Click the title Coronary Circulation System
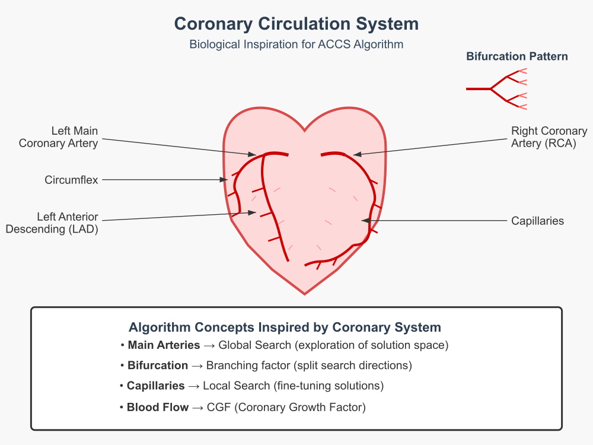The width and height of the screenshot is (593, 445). coord(296,24)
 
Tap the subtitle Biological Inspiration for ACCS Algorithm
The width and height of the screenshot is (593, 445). coord(296,44)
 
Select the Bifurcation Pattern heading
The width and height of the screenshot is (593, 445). coord(517,56)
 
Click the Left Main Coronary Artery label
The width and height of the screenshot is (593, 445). coord(59,137)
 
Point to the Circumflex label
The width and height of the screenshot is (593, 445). coord(71,180)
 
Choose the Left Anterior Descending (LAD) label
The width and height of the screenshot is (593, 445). coord(52,223)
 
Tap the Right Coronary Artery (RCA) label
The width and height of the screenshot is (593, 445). coord(549,137)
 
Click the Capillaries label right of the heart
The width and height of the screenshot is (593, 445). coord(537,221)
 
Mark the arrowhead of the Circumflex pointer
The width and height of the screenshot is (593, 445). coord(224,179)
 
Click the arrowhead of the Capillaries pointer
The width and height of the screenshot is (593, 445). coord(365,220)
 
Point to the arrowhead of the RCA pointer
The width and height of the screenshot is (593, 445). coord(357,154)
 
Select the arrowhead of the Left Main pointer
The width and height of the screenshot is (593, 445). coord(252,154)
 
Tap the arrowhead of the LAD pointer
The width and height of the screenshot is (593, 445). coord(252,212)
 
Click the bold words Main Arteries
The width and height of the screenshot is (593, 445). coord(164,345)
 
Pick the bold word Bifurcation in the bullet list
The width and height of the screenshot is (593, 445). coord(158,365)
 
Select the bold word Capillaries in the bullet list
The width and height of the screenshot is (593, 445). coord(155,386)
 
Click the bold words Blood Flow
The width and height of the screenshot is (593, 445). coord(158,407)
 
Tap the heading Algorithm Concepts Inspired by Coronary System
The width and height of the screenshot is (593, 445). coord(285,328)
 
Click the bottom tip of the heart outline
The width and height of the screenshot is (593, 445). coord(305,294)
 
